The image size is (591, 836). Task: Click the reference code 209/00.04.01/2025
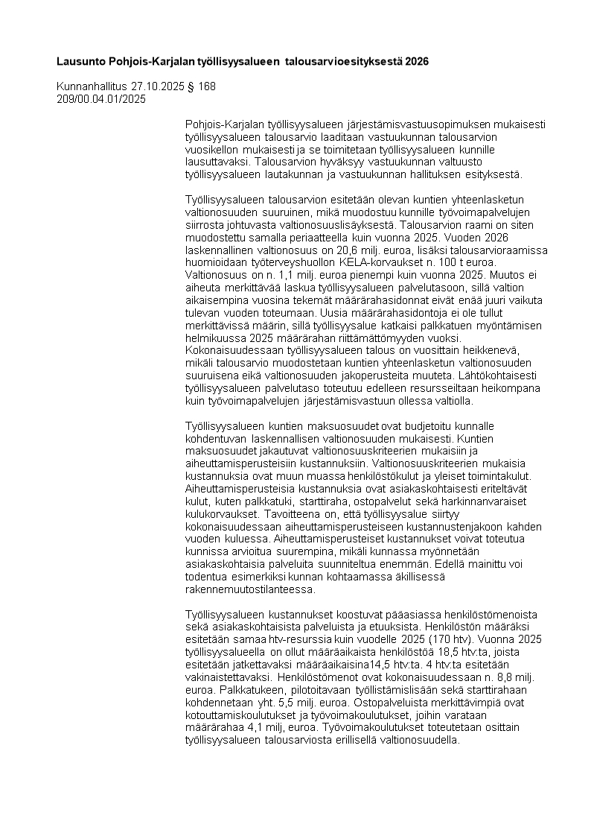pos(101,98)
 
